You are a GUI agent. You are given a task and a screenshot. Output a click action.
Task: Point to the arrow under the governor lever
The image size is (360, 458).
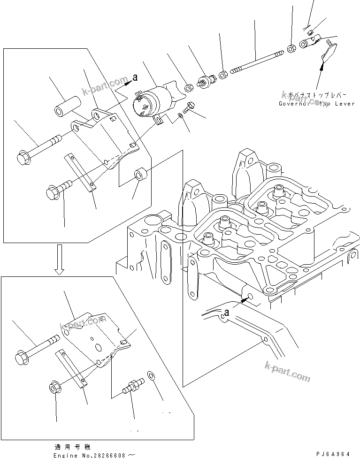point(321,75)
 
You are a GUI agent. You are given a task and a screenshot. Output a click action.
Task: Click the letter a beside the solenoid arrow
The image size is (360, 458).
point(135,77)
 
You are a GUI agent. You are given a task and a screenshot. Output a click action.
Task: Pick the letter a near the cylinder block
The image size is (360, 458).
point(227,311)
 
